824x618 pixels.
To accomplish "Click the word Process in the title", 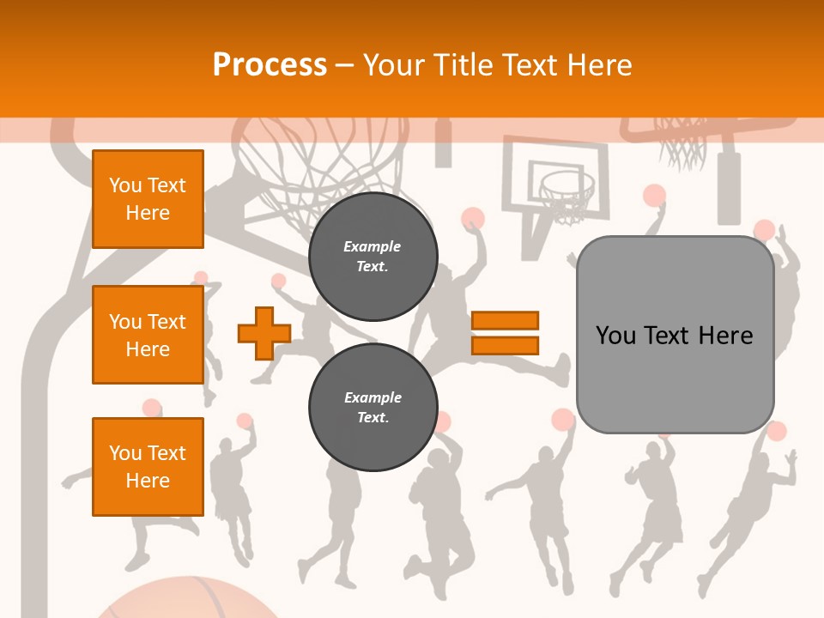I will click(x=270, y=65).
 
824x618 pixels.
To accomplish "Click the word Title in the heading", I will click(x=463, y=65).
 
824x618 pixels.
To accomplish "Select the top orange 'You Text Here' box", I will click(x=148, y=199).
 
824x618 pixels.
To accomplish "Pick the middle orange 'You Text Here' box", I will click(x=148, y=335).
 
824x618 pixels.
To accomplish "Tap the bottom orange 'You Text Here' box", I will click(x=148, y=467).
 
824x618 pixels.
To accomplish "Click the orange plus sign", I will click(x=264, y=333).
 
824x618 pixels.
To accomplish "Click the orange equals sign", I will click(x=505, y=333).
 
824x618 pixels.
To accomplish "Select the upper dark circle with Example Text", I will click(x=373, y=257).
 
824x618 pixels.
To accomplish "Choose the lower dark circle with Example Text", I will click(x=373, y=408).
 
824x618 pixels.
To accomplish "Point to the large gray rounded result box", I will click(x=675, y=378).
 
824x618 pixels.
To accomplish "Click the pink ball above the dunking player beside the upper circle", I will click(x=473, y=217).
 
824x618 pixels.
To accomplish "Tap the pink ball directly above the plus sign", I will click(x=277, y=281).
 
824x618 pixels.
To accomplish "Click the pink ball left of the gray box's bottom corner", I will click(x=562, y=419).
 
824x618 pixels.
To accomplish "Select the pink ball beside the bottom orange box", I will click(x=245, y=421).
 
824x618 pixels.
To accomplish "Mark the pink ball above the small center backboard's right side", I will click(x=654, y=195).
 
